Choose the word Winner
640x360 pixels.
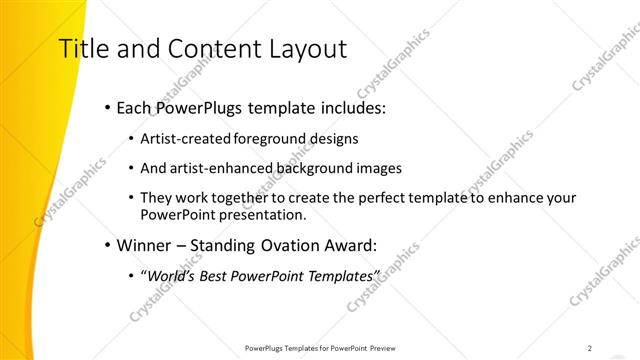coord(145,244)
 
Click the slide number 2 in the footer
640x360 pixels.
coord(589,348)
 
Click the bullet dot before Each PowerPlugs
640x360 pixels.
coord(107,107)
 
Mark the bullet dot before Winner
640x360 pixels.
coord(107,244)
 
